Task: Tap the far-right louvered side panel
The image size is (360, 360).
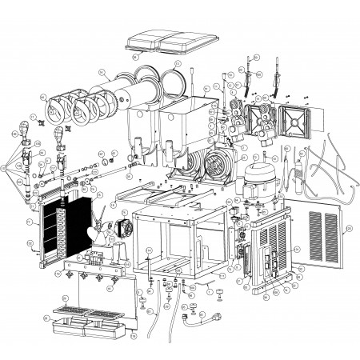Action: point(323,237)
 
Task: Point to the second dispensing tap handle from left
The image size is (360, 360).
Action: point(58,138)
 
